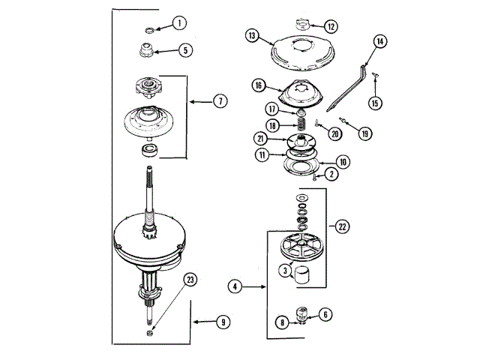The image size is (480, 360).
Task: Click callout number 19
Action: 365,133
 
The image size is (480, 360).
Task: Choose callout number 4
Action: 235,285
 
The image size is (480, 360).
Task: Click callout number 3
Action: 286,269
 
